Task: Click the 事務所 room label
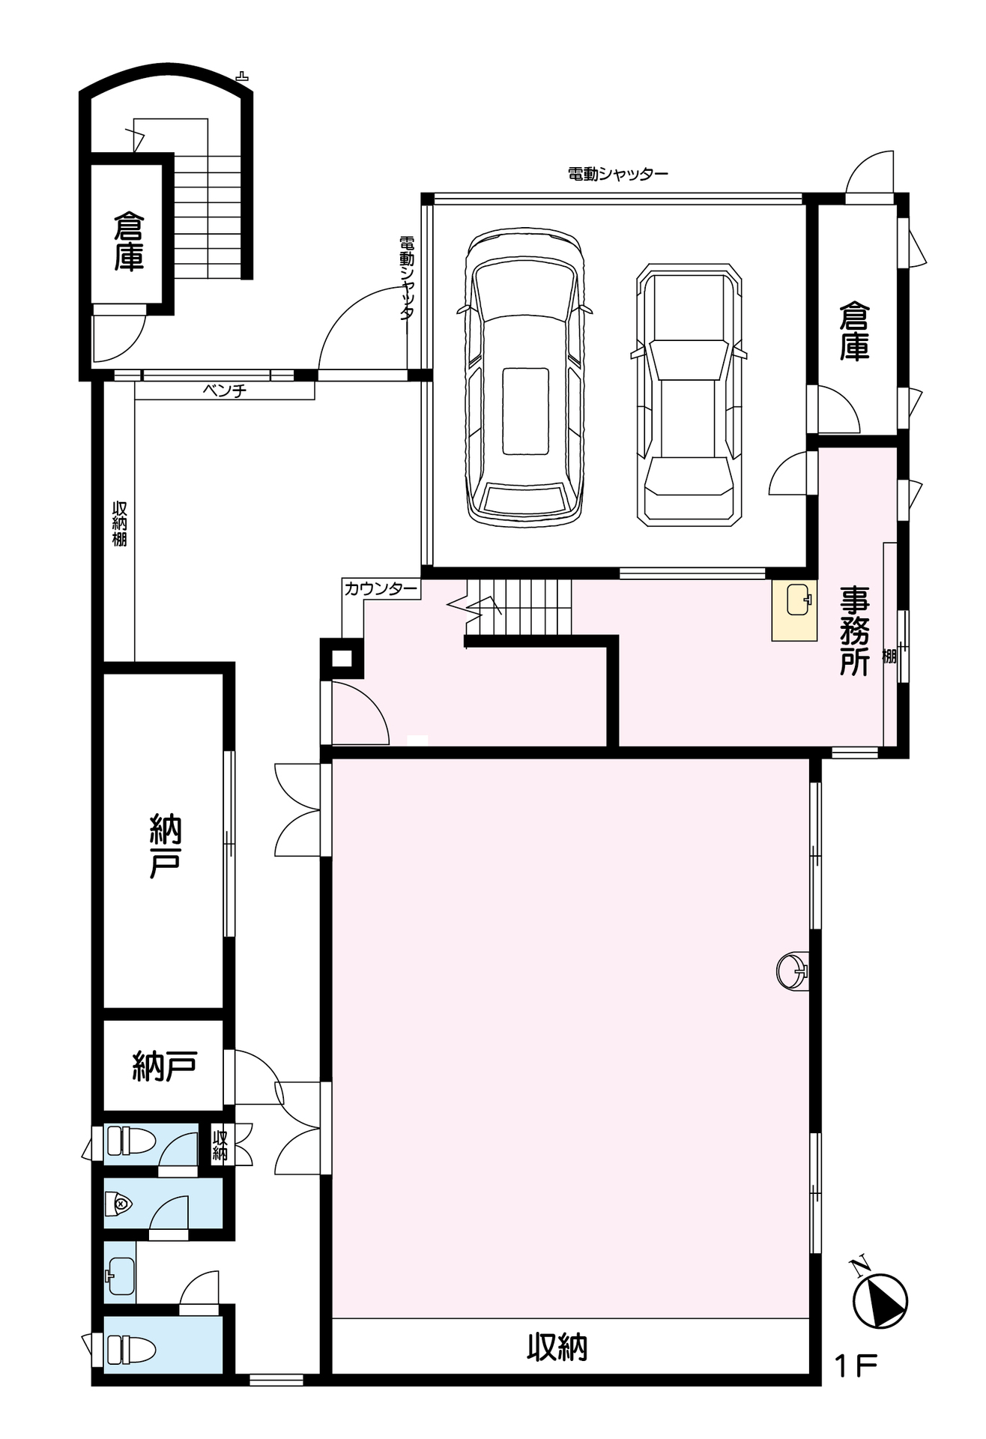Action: (x=854, y=630)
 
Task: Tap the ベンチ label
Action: (x=224, y=390)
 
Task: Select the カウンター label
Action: (x=381, y=589)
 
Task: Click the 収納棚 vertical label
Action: (x=119, y=523)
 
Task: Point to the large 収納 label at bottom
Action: (x=557, y=1348)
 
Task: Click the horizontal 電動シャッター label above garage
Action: (x=617, y=174)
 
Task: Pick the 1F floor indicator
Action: (x=856, y=1366)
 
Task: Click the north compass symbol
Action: (x=879, y=1296)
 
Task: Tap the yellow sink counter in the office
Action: (x=794, y=611)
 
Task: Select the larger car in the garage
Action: (x=524, y=377)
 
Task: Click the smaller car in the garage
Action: (x=689, y=395)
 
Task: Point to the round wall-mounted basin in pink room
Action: (x=793, y=972)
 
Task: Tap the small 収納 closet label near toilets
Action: (x=220, y=1144)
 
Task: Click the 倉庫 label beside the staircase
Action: (x=129, y=241)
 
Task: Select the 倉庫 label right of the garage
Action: (x=854, y=331)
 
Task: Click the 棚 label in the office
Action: (x=889, y=657)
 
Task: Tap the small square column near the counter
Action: (x=342, y=659)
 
